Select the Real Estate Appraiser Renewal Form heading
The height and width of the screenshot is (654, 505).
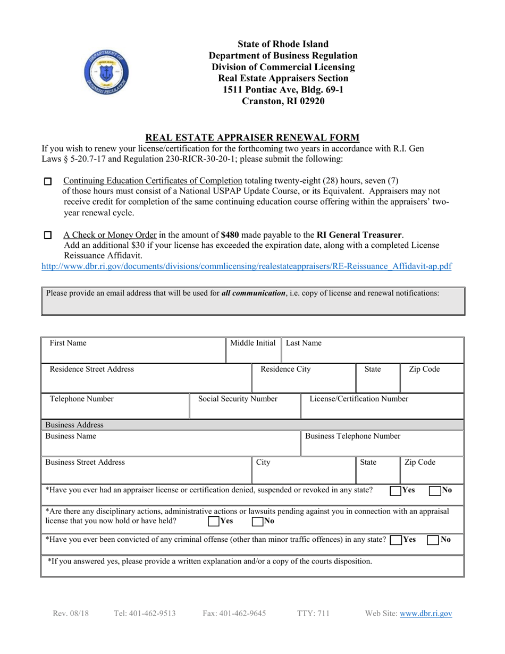click(252, 137)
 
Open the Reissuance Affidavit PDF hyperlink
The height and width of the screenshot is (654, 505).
click(247, 266)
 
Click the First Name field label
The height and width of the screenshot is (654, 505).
click(68, 343)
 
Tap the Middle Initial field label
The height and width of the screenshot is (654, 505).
click(252, 343)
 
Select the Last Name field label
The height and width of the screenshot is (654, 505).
click(304, 343)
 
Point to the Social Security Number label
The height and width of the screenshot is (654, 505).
click(238, 399)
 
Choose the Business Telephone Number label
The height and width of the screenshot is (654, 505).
click(353, 437)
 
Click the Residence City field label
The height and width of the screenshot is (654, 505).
click(285, 369)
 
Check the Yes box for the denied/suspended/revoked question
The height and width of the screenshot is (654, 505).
click(395, 491)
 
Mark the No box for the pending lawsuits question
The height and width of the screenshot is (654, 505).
click(257, 522)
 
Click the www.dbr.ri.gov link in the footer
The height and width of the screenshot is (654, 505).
click(426, 614)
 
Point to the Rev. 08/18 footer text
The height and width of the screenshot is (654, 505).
click(71, 614)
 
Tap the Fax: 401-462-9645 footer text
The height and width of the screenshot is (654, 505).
click(234, 614)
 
